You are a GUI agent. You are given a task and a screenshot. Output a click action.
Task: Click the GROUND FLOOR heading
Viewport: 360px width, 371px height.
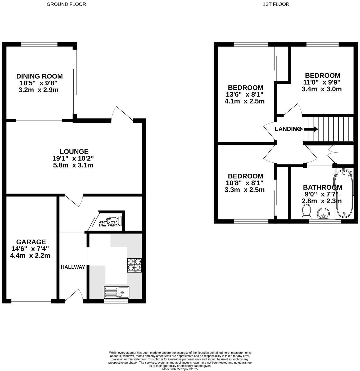66,4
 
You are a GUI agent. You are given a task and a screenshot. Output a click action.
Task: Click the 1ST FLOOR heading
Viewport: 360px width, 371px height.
276,4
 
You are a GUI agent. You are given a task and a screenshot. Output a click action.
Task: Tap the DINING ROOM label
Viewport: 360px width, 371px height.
39,76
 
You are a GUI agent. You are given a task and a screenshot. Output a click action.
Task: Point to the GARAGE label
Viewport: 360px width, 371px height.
31,242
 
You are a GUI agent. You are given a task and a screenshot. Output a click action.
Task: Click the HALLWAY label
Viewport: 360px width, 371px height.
73,267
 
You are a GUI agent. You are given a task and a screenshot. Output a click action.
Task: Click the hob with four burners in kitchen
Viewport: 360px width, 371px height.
134,265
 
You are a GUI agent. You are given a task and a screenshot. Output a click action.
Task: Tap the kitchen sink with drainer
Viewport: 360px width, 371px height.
116,292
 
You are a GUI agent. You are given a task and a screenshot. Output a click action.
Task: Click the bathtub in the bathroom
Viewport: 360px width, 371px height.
344,193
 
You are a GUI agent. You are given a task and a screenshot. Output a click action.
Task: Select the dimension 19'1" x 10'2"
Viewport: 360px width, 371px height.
73,158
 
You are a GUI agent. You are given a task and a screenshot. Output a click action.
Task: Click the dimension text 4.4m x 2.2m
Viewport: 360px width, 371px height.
30,256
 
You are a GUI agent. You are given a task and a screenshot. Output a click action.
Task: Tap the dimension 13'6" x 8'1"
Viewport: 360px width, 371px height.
245,94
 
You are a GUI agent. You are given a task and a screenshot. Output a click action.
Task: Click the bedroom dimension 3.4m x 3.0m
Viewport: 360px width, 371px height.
322,89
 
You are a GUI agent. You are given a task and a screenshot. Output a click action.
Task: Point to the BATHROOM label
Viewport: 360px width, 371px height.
322,187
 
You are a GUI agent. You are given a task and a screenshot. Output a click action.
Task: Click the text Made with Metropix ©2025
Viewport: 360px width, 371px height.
180,369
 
